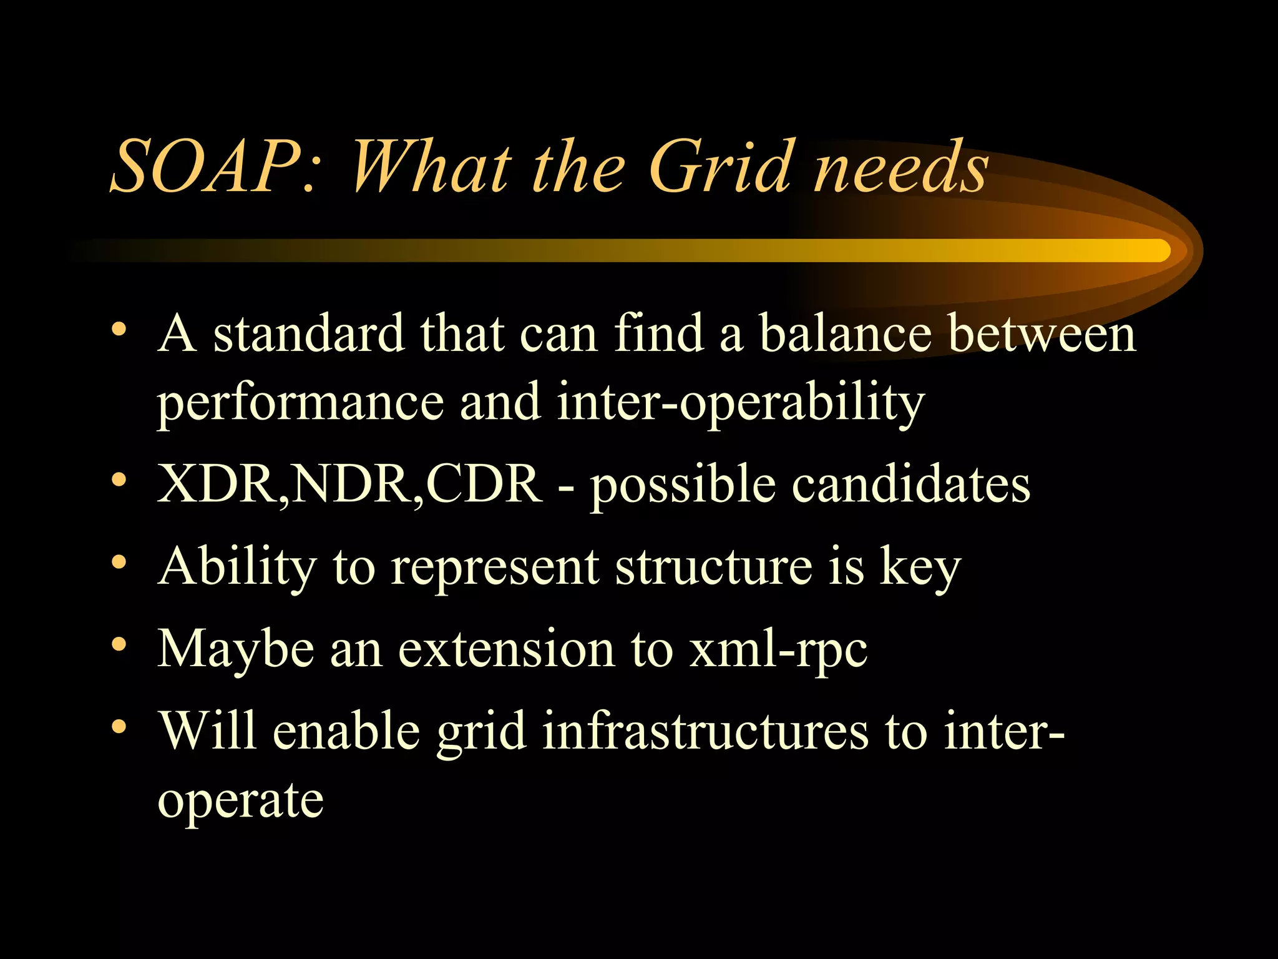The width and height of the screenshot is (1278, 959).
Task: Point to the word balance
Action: pyautogui.click(x=845, y=333)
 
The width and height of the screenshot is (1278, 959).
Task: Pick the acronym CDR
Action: pyautogui.click(x=484, y=484)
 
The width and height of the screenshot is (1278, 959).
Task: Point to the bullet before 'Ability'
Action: pyautogui.click(x=119, y=561)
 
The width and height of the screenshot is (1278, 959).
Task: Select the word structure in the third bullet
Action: pyautogui.click(x=714, y=566)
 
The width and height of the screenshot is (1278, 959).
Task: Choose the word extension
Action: pyautogui.click(x=506, y=649)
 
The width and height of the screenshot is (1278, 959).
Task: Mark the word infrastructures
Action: pyautogui.click(x=705, y=731)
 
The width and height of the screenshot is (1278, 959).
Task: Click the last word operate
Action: pyautogui.click(x=240, y=802)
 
